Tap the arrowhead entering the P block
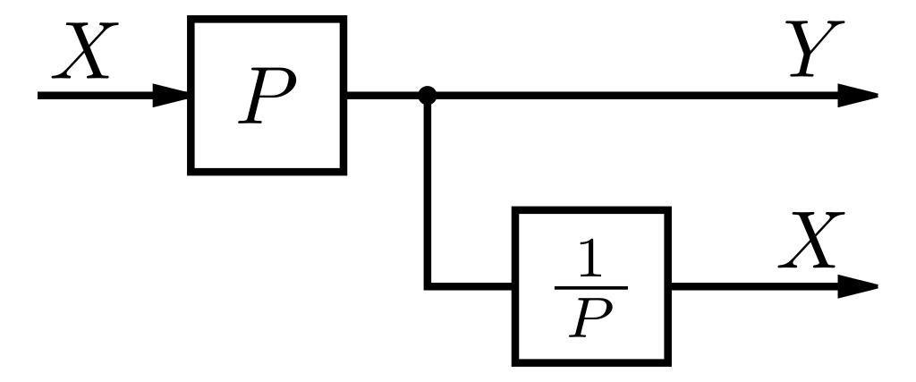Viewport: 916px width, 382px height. click(x=170, y=95)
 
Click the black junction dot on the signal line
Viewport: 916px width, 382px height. click(x=428, y=95)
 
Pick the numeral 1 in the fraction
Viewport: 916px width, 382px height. click(x=590, y=259)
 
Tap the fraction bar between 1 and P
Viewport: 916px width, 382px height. click(x=590, y=286)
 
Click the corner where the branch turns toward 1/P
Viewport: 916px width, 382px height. click(x=428, y=286)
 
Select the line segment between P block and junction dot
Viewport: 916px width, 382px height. click(x=385, y=95)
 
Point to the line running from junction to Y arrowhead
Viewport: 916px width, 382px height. click(x=626, y=95)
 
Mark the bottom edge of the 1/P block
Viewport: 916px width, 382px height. click(x=590, y=362)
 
